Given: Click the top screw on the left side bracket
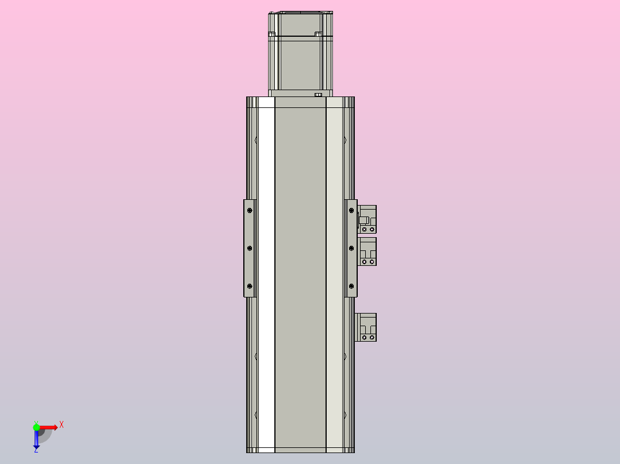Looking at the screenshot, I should tap(250, 211).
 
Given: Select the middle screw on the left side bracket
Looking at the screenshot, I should tap(250, 248).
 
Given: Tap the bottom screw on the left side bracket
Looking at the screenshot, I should tap(250, 286).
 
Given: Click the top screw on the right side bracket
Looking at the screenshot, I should tap(351, 211).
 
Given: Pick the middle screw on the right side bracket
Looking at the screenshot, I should tap(351, 248).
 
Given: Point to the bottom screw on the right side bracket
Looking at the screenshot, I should tap(351, 286).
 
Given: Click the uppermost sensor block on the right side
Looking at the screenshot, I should tap(368, 219).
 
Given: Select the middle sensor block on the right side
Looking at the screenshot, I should tap(368, 251).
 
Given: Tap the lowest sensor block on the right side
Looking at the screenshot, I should tap(368, 327).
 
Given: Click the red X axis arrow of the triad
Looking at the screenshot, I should tap(49, 427).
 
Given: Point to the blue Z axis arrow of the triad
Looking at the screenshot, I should tap(36, 440).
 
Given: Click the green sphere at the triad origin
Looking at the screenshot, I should tap(36, 427).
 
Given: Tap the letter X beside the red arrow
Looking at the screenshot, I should tap(62, 425).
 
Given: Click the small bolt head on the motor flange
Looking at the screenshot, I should tap(318, 94).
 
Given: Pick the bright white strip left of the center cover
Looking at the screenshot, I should tap(266, 276).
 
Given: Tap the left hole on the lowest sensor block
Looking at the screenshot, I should tap(365, 337).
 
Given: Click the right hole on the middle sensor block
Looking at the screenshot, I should tap(372, 262).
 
